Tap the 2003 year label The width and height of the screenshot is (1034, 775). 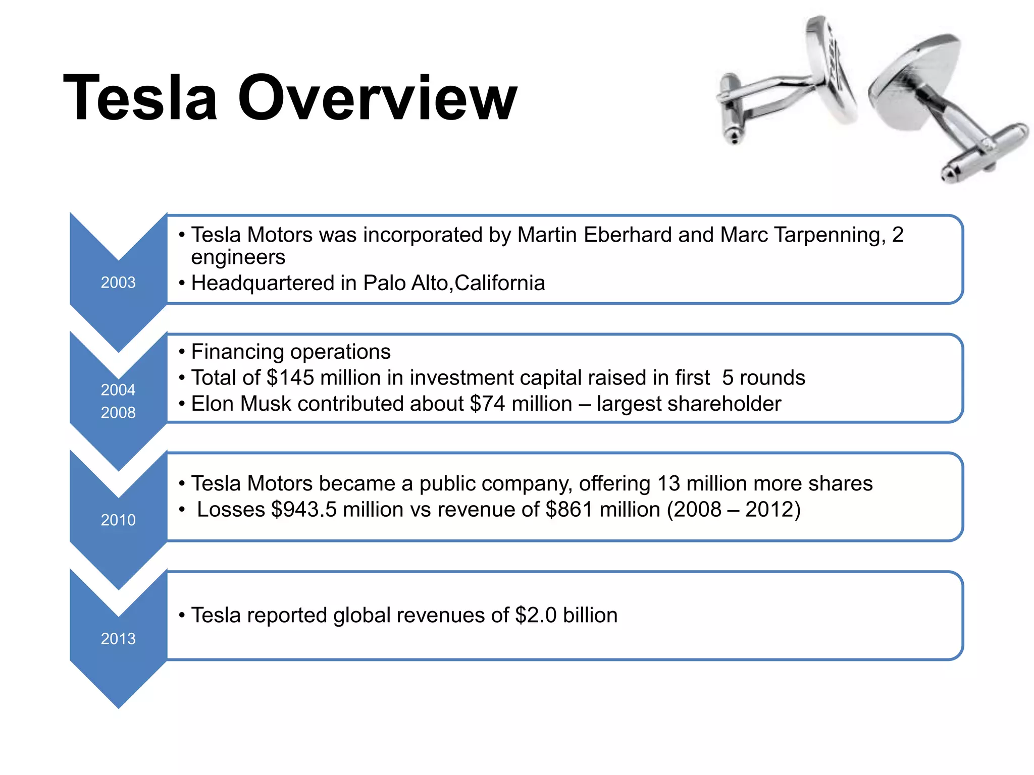[x=118, y=283]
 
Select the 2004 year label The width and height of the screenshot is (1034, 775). [x=118, y=390]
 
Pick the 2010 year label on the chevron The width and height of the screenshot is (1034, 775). [x=118, y=520]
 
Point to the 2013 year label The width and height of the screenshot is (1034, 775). [x=118, y=639]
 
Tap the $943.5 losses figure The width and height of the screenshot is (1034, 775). [x=303, y=510]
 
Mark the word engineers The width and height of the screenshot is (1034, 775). [x=238, y=257]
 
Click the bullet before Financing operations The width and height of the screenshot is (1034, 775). [x=182, y=352]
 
